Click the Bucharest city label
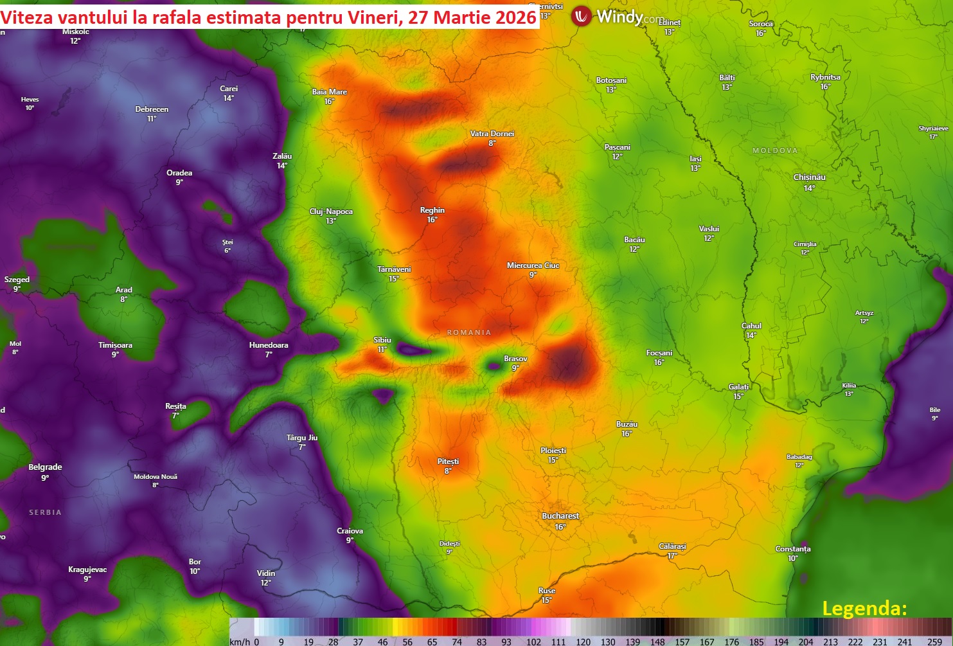(x=560, y=516)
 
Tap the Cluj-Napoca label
(x=331, y=211)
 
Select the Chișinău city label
(x=809, y=177)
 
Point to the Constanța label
(x=792, y=549)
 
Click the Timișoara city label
(x=115, y=345)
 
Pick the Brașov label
(x=515, y=359)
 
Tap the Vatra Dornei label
(x=492, y=134)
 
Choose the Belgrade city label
(x=45, y=467)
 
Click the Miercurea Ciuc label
(x=533, y=265)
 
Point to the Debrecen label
(x=152, y=109)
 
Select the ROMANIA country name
(x=469, y=332)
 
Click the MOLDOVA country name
(x=775, y=150)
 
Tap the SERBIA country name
(x=45, y=512)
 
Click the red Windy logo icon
(x=582, y=16)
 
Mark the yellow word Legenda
(x=864, y=608)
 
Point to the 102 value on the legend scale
(x=533, y=642)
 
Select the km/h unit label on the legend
(x=240, y=642)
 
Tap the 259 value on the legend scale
(x=934, y=642)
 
